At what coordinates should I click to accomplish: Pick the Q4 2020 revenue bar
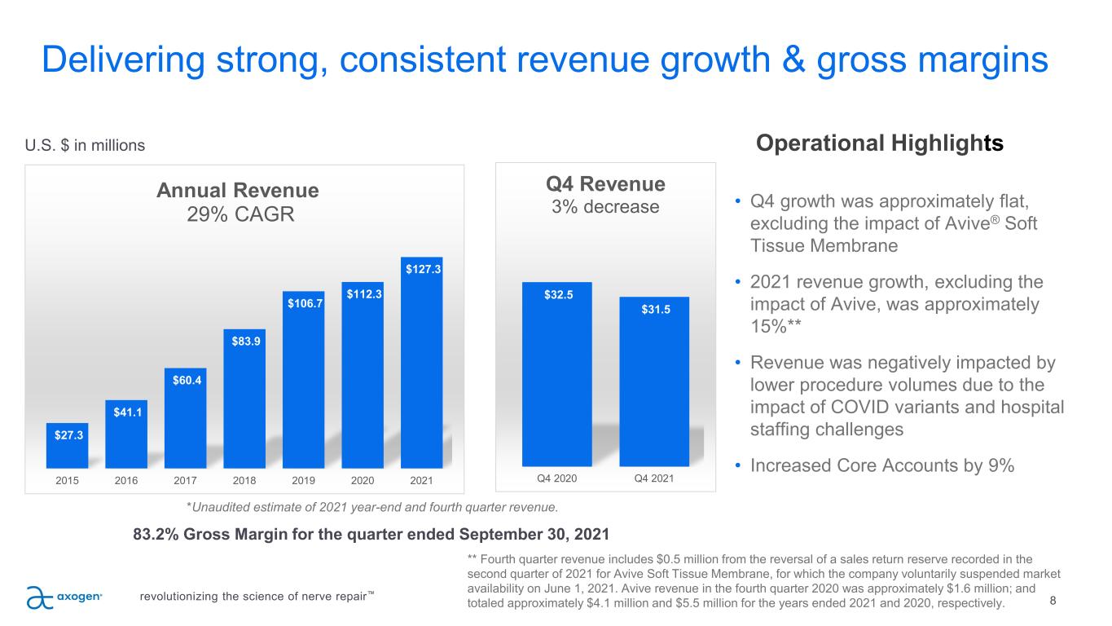557,374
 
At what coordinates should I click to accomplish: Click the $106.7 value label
303,303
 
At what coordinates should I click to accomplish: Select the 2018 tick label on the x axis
244,480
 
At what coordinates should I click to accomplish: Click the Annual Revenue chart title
237,191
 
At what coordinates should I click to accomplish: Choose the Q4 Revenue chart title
605,183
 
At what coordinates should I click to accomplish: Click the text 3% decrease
605,206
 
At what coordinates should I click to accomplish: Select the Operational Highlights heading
880,143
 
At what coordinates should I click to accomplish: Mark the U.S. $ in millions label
86,145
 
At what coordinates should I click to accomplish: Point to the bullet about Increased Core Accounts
881,466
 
